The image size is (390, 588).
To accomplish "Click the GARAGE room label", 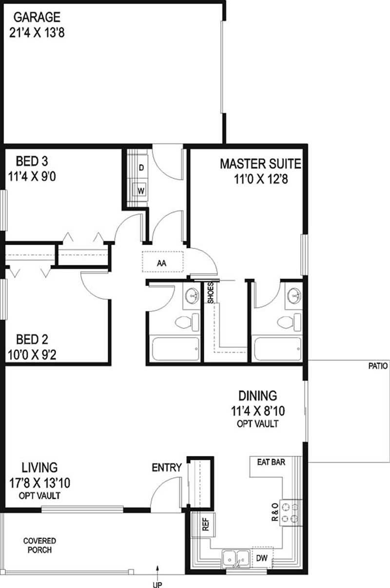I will point(37,18).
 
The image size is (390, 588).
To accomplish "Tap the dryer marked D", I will point(141,168).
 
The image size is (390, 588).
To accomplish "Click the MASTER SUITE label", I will point(260,164).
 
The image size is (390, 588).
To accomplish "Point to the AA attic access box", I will point(162,263).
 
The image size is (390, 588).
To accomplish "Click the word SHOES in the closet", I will point(211,293).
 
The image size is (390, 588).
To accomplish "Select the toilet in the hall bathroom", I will point(186,322).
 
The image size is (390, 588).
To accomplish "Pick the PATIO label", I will point(378,366).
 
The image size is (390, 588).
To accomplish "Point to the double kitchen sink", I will point(235,559).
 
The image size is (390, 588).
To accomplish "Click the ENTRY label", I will point(167,468).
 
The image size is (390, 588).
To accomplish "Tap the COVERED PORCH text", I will point(39,546).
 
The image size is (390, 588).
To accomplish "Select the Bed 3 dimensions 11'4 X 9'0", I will point(33,177).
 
